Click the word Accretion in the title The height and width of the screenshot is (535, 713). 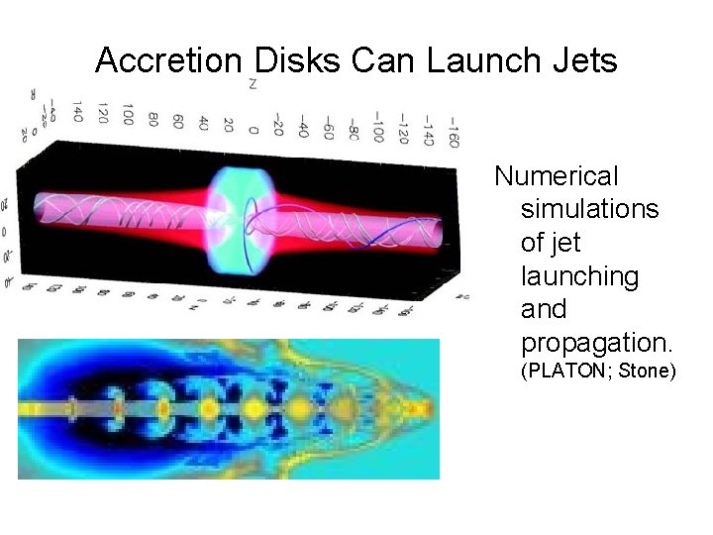(x=167, y=61)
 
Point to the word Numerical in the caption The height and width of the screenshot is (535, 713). (x=557, y=176)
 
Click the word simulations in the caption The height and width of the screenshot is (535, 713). (x=589, y=209)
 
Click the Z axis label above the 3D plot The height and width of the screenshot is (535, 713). (x=254, y=85)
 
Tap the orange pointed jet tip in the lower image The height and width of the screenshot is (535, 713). (x=420, y=407)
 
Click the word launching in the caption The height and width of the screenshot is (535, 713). (x=579, y=276)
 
